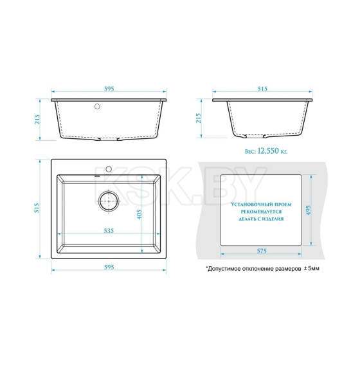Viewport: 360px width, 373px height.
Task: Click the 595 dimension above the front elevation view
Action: coord(109,89)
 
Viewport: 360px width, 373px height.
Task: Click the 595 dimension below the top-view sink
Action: coord(109,267)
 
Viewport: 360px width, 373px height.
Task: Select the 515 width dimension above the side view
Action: coord(262,89)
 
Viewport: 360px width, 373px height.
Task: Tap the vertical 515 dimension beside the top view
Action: coord(37,208)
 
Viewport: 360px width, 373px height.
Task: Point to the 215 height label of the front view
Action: coord(37,119)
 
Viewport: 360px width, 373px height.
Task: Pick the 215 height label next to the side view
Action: coord(198,118)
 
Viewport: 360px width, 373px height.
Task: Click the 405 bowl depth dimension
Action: coord(139,214)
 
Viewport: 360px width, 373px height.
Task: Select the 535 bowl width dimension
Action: coord(109,230)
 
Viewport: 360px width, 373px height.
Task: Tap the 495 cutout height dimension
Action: coord(308,210)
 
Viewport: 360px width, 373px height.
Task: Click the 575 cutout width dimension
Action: coord(262,251)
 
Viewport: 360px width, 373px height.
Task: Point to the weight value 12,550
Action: coord(268,151)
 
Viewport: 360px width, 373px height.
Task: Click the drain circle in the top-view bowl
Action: coord(109,201)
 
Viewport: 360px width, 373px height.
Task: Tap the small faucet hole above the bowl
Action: coord(109,169)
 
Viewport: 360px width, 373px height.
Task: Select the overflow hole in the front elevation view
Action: coord(97,106)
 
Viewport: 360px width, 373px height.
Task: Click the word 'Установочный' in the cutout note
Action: coord(248,205)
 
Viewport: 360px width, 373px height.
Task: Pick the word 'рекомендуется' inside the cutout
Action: coord(261,212)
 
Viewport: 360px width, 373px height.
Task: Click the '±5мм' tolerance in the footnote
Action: coord(312,269)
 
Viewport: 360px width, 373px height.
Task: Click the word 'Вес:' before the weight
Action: coord(250,151)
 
